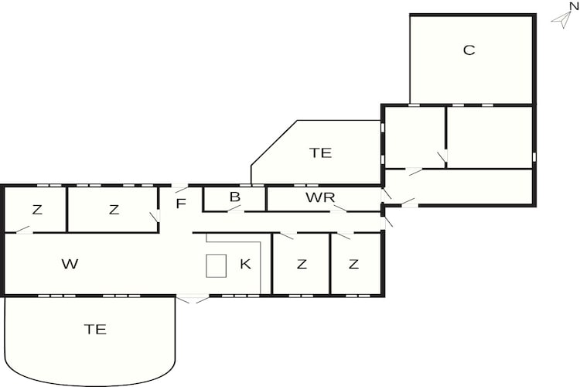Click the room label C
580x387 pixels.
click(x=469, y=50)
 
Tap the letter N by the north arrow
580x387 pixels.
click(x=574, y=6)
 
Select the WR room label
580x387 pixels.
click(x=320, y=197)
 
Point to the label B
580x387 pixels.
click(x=235, y=197)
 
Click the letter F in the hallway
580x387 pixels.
click(x=180, y=204)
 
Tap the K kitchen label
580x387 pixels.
click(x=246, y=264)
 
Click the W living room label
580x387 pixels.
click(x=70, y=264)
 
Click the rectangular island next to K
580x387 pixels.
click(x=216, y=265)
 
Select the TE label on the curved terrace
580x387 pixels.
click(x=95, y=329)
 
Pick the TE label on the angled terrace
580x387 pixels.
click(x=321, y=152)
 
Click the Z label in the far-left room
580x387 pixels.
click(x=37, y=210)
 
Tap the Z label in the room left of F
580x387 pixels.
click(x=114, y=210)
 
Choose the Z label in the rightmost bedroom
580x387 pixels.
click(x=353, y=264)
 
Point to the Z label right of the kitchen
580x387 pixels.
click(x=302, y=264)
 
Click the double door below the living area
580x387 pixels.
click(x=193, y=299)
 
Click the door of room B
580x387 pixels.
click(x=235, y=208)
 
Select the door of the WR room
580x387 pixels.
click(x=339, y=208)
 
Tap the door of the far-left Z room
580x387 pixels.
click(x=23, y=230)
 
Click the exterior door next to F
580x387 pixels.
click(x=180, y=188)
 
